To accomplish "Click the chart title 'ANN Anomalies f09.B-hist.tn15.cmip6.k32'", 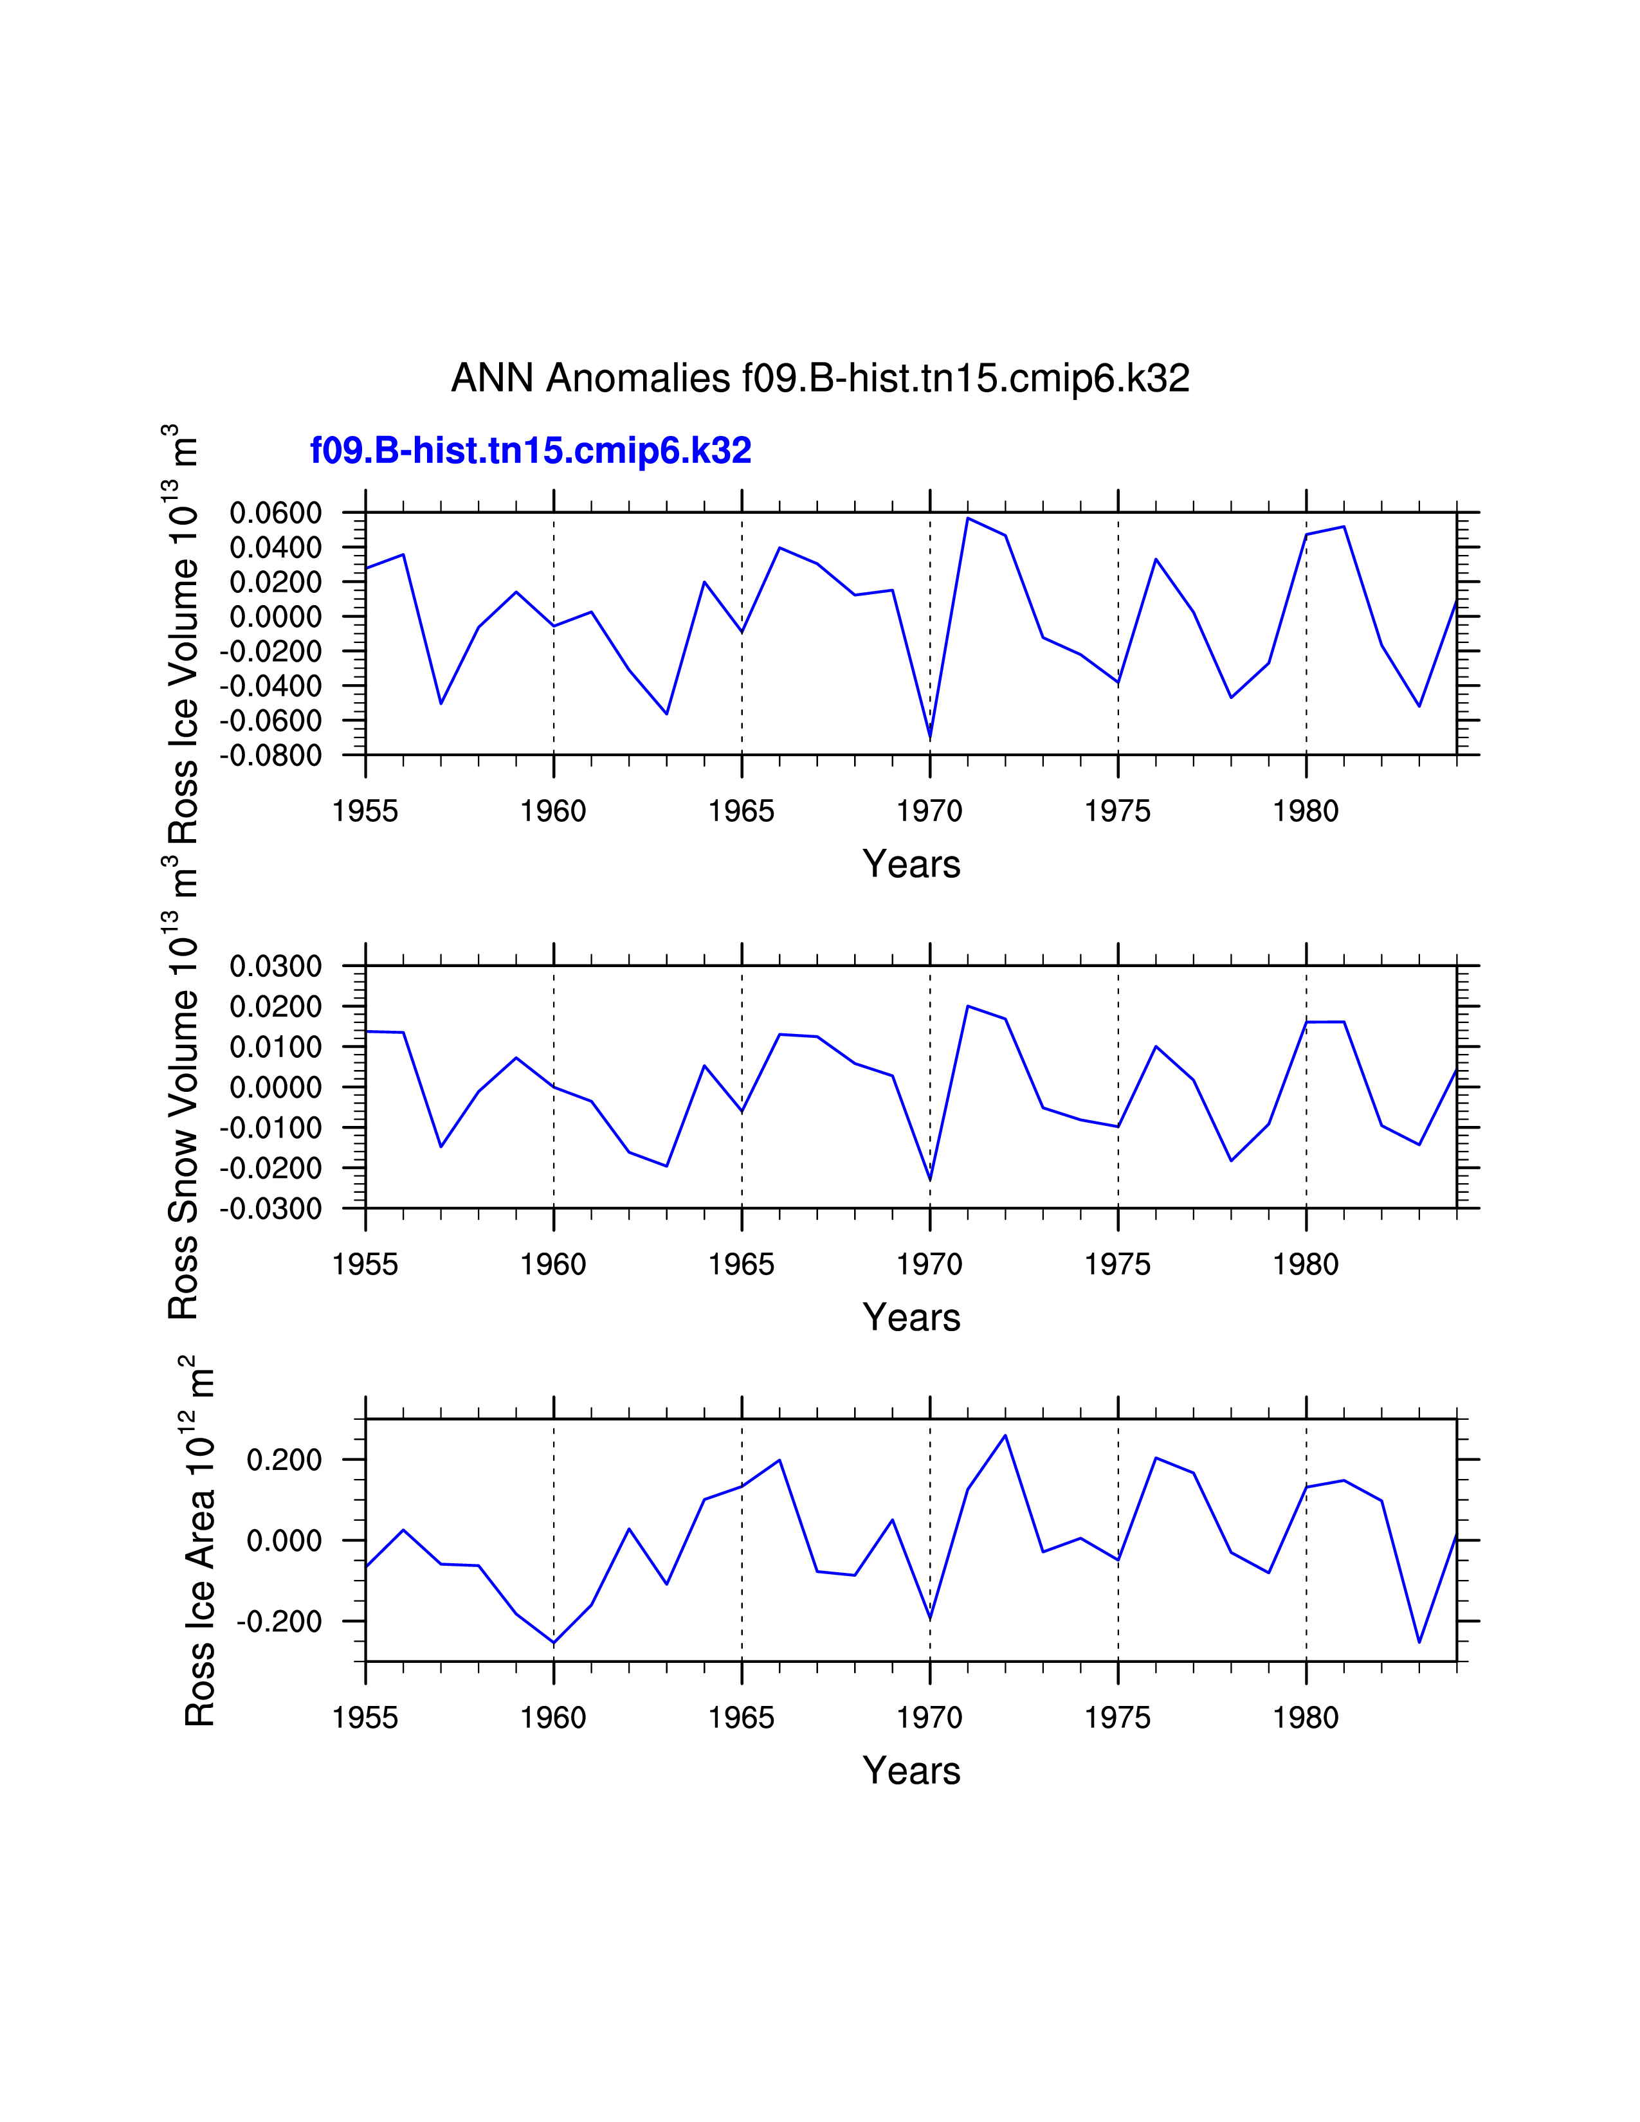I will click(820, 378).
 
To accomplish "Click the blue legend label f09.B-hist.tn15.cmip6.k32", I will click(531, 451).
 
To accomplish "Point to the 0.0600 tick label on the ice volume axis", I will click(275, 513).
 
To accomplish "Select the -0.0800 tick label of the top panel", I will click(271, 755).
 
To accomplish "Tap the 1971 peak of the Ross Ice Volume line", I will click(968, 518).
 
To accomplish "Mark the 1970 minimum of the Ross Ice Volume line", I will click(930, 738).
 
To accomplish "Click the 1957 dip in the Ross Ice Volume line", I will click(441, 702).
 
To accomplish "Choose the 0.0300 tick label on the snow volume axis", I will click(275, 966).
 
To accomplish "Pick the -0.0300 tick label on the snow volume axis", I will click(271, 1209).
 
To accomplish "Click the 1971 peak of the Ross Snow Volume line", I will click(968, 1006).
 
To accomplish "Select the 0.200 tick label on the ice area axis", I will click(284, 1460).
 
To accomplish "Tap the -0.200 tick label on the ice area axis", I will click(279, 1622).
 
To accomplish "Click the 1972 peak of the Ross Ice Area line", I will click(1006, 1435).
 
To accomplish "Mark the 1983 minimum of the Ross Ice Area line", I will click(1419, 1642).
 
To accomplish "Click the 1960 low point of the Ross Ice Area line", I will click(554, 1643).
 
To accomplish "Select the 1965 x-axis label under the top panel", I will click(742, 812).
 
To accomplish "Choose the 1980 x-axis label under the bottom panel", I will click(1306, 1718).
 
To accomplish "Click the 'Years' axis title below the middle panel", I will click(911, 1318).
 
